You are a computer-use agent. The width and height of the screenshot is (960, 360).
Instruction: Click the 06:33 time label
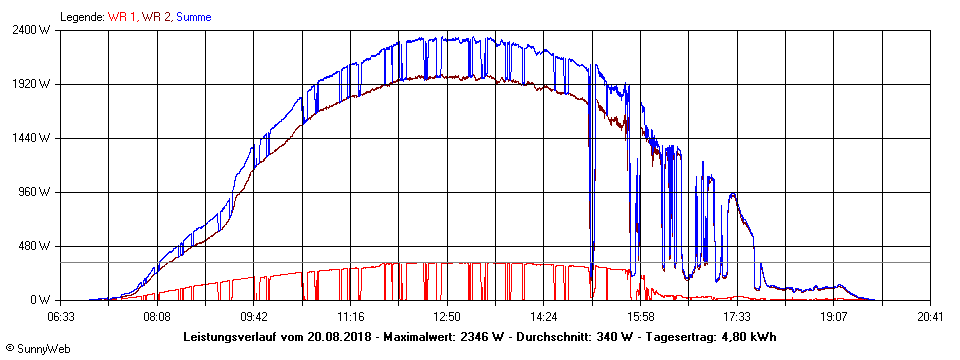click(x=61, y=316)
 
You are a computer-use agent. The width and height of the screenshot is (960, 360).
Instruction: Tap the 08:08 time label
click(x=157, y=316)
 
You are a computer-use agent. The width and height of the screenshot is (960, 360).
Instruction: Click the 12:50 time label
click(x=447, y=316)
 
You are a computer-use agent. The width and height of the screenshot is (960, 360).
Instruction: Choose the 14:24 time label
click(x=544, y=316)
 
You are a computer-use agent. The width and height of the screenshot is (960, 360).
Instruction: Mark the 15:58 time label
click(x=641, y=316)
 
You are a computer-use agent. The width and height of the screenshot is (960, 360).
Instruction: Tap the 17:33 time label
click(x=737, y=316)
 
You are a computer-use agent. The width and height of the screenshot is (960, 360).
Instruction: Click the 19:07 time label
click(x=834, y=316)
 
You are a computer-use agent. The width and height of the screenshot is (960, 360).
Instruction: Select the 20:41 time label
click(x=930, y=316)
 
